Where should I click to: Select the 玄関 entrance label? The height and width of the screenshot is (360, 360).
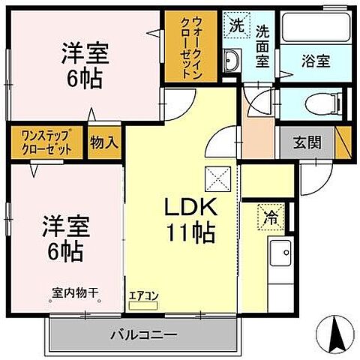pos(307,142)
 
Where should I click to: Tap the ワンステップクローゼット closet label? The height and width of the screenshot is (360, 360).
pos(42,142)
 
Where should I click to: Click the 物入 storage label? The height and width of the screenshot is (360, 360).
pos(104,142)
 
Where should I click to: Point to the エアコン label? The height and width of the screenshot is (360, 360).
pos(143,296)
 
